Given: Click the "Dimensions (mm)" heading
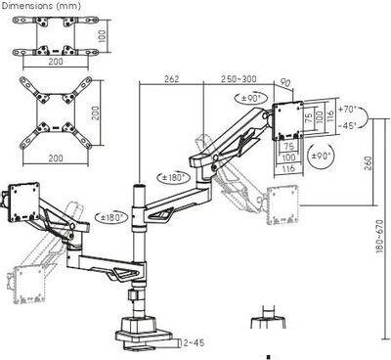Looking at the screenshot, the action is click(40, 6).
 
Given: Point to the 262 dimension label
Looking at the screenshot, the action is click(171, 79).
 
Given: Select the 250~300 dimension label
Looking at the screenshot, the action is click(239, 79).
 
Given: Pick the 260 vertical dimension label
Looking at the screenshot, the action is click(368, 162).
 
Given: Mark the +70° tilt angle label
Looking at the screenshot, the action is click(348, 109).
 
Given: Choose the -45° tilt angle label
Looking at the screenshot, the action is click(347, 125).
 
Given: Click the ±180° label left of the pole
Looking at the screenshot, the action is click(111, 217).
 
